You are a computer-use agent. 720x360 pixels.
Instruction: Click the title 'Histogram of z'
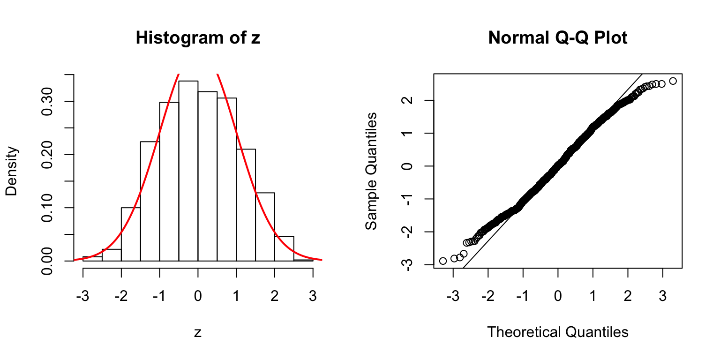197,38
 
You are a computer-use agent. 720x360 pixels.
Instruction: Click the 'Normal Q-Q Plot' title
557,38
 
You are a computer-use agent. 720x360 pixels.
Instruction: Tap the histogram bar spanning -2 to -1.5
131,234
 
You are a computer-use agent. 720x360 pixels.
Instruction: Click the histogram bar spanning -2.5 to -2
112,255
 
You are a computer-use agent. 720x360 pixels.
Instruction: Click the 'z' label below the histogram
198,333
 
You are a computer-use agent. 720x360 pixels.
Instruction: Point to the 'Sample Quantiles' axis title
371,171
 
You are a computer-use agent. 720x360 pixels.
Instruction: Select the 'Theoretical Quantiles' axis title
557,332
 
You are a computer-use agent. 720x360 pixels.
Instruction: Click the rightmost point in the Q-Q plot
673,81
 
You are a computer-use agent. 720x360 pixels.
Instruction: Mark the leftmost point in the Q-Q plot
443,261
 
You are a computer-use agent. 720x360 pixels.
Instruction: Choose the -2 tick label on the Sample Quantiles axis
407,232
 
